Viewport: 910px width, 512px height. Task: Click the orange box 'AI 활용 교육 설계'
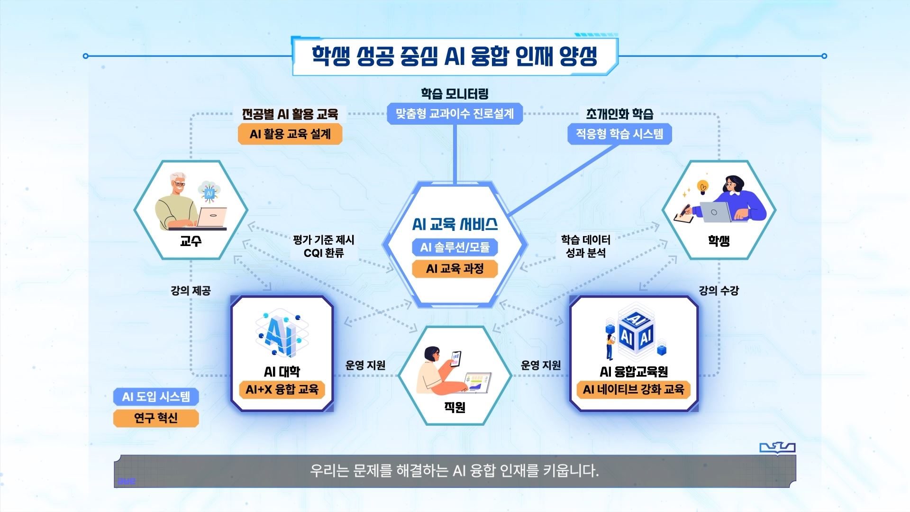pos(290,134)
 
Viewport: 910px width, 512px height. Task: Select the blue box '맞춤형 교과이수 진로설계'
pos(455,114)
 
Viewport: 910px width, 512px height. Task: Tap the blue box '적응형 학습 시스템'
pos(619,134)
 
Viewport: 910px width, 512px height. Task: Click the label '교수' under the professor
pos(191,241)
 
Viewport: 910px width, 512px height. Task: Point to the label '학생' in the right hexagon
pos(719,241)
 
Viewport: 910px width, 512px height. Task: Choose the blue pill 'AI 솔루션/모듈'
pos(455,247)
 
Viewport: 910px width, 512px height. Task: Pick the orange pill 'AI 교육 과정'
pos(455,269)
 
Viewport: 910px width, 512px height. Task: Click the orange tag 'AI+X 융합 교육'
pos(282,390)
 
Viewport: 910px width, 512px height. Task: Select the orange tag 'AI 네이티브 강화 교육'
pos(634,390)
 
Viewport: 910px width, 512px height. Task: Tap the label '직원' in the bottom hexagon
pos(455,407)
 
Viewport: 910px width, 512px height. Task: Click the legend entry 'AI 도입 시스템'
pos(156,396)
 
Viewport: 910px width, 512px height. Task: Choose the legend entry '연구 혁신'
pos(156,418)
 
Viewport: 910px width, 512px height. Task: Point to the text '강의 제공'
pos(191,291)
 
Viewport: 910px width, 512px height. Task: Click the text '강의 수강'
pos(719,291)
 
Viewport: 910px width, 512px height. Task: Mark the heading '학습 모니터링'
pos(455,94)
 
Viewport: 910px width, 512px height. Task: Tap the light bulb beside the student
pos(702,186)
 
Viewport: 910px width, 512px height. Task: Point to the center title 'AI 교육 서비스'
pos(455,224)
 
